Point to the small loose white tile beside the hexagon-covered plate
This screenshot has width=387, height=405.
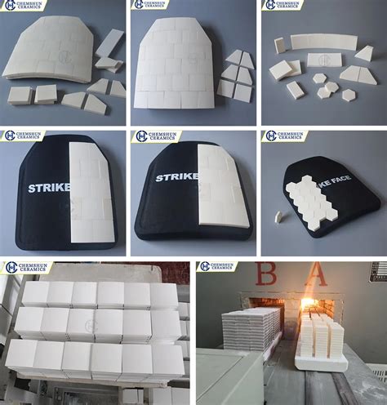278,216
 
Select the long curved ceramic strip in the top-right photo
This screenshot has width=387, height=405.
323,41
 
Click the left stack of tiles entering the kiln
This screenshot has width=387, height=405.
248,336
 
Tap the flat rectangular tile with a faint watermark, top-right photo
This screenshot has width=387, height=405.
324,60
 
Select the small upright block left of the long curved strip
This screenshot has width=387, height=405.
280,46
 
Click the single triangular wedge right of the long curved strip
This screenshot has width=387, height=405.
364,54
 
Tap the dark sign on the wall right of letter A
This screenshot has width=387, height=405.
376,272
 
